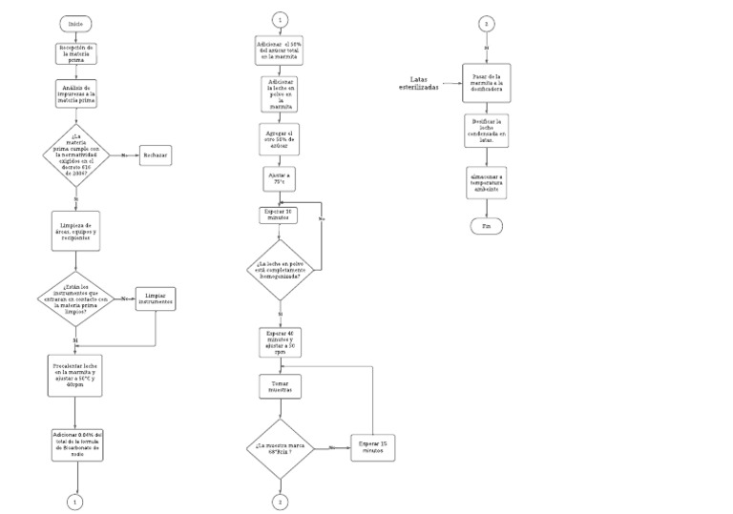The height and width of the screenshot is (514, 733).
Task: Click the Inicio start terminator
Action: coord(74,23)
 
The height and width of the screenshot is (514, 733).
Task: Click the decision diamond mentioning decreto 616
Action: coord(75,154)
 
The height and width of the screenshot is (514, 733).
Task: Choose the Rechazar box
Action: coord(155,154)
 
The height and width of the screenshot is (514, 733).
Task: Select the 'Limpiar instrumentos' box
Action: coord(156,299)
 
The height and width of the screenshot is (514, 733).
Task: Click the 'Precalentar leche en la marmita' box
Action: coord(75,374)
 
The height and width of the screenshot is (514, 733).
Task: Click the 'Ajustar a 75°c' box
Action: coord(280,178)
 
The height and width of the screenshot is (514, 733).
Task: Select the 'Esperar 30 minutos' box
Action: coord(280,216)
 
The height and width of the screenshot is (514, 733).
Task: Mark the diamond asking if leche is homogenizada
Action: coord(281,270)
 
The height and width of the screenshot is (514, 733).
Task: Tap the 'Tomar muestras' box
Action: coord(280,387)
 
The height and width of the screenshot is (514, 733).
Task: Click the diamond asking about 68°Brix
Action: coord(281,447)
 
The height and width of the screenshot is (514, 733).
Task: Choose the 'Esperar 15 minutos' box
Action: coord(372,447)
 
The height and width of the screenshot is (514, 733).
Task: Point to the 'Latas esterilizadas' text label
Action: coord(419,83)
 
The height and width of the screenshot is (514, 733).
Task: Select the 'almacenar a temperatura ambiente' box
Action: coord(487,185)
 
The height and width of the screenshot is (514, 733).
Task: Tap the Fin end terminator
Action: coord(486,226)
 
